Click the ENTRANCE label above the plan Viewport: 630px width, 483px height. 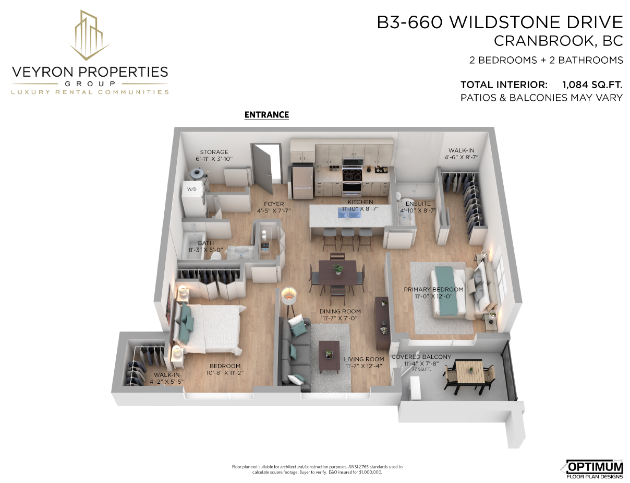pos(266,115)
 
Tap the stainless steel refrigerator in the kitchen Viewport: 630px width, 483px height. pos(302,181)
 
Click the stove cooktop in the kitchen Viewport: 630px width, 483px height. pos(352,175)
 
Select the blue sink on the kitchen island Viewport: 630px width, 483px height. pos(349,213)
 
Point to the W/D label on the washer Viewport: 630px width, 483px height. pos(191,189)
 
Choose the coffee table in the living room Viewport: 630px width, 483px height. pos(329,357)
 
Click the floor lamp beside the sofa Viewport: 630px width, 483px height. pos(289,302)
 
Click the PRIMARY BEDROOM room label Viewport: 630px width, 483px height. pos(433,289)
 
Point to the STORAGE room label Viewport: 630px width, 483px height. pos(214,152)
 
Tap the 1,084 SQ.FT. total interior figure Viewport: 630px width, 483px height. pos(592,85)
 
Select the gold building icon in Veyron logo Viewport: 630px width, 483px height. pos(90,35)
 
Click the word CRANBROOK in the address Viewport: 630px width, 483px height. pos(543,41)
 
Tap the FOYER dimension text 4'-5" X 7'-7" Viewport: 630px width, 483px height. pos(274,211)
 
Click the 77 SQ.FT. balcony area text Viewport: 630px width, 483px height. pos(421,370)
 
